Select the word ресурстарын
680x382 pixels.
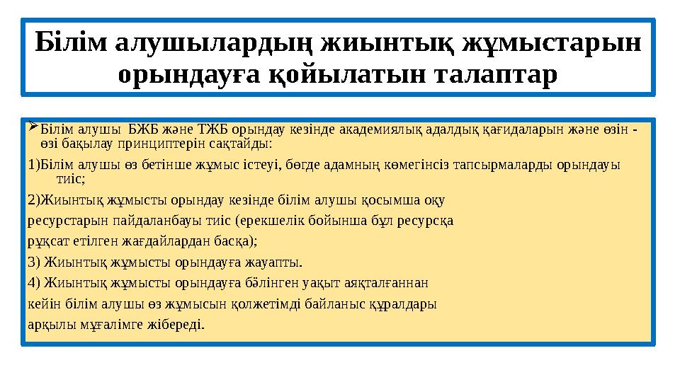[62, 220]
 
